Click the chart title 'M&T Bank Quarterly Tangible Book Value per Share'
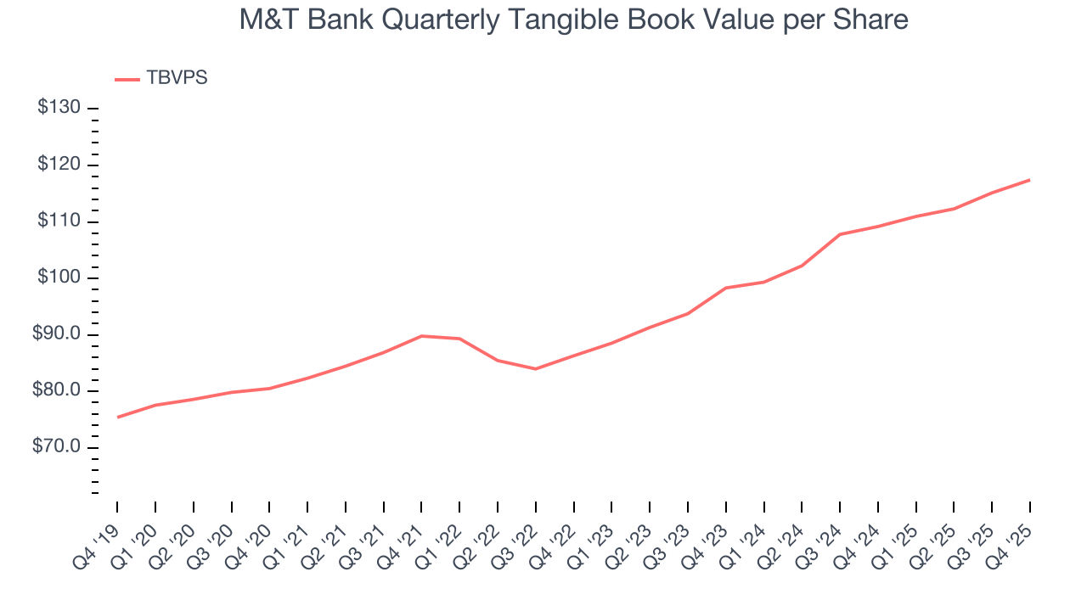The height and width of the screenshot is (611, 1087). [x=573, y=20]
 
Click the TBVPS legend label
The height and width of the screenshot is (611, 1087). [x=177, y=78]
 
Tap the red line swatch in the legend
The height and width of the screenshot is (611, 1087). [x=127, y=79]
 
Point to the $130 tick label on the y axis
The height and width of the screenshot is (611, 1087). [x=59, y=108]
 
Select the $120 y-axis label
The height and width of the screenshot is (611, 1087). [x=59, y=165]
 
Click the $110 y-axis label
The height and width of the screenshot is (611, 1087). [x=59, y=221]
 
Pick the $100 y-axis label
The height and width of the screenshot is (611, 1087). [x=59, y=277]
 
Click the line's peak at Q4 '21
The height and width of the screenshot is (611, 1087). [x=422, y=336]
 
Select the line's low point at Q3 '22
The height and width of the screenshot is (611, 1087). [x=536, y=368]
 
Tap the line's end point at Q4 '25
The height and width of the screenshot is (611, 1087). [x=1030, y=180]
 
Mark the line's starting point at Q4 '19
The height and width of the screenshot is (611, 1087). [x=117, y=418]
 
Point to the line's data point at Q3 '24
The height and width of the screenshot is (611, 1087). [x=840, y=234]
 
